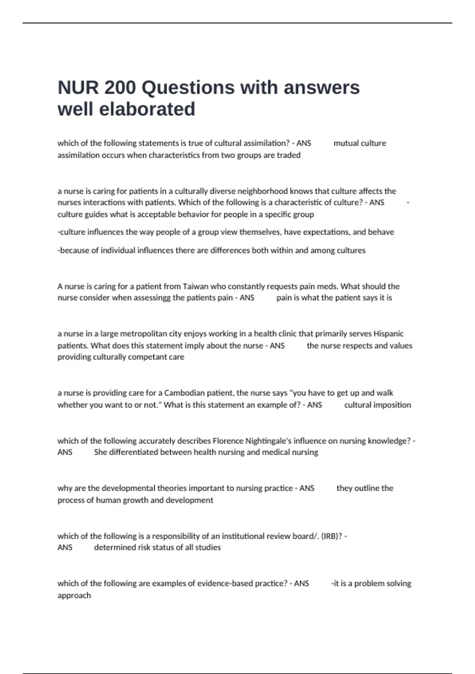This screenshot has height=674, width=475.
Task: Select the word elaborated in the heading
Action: click(x=147, y=109)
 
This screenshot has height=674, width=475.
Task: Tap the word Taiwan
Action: click(x=193, y=286)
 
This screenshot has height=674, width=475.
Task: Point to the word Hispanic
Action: click(x=388, y=334)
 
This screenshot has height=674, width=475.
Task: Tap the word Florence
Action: click(x=228, y=441)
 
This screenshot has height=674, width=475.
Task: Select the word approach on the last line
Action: click(x=74, y=595)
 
